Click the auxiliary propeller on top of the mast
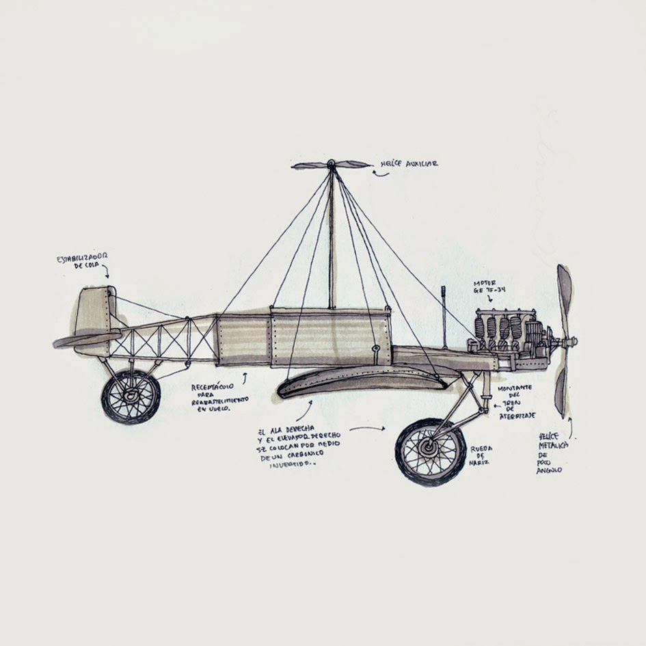tap(330, 164)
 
